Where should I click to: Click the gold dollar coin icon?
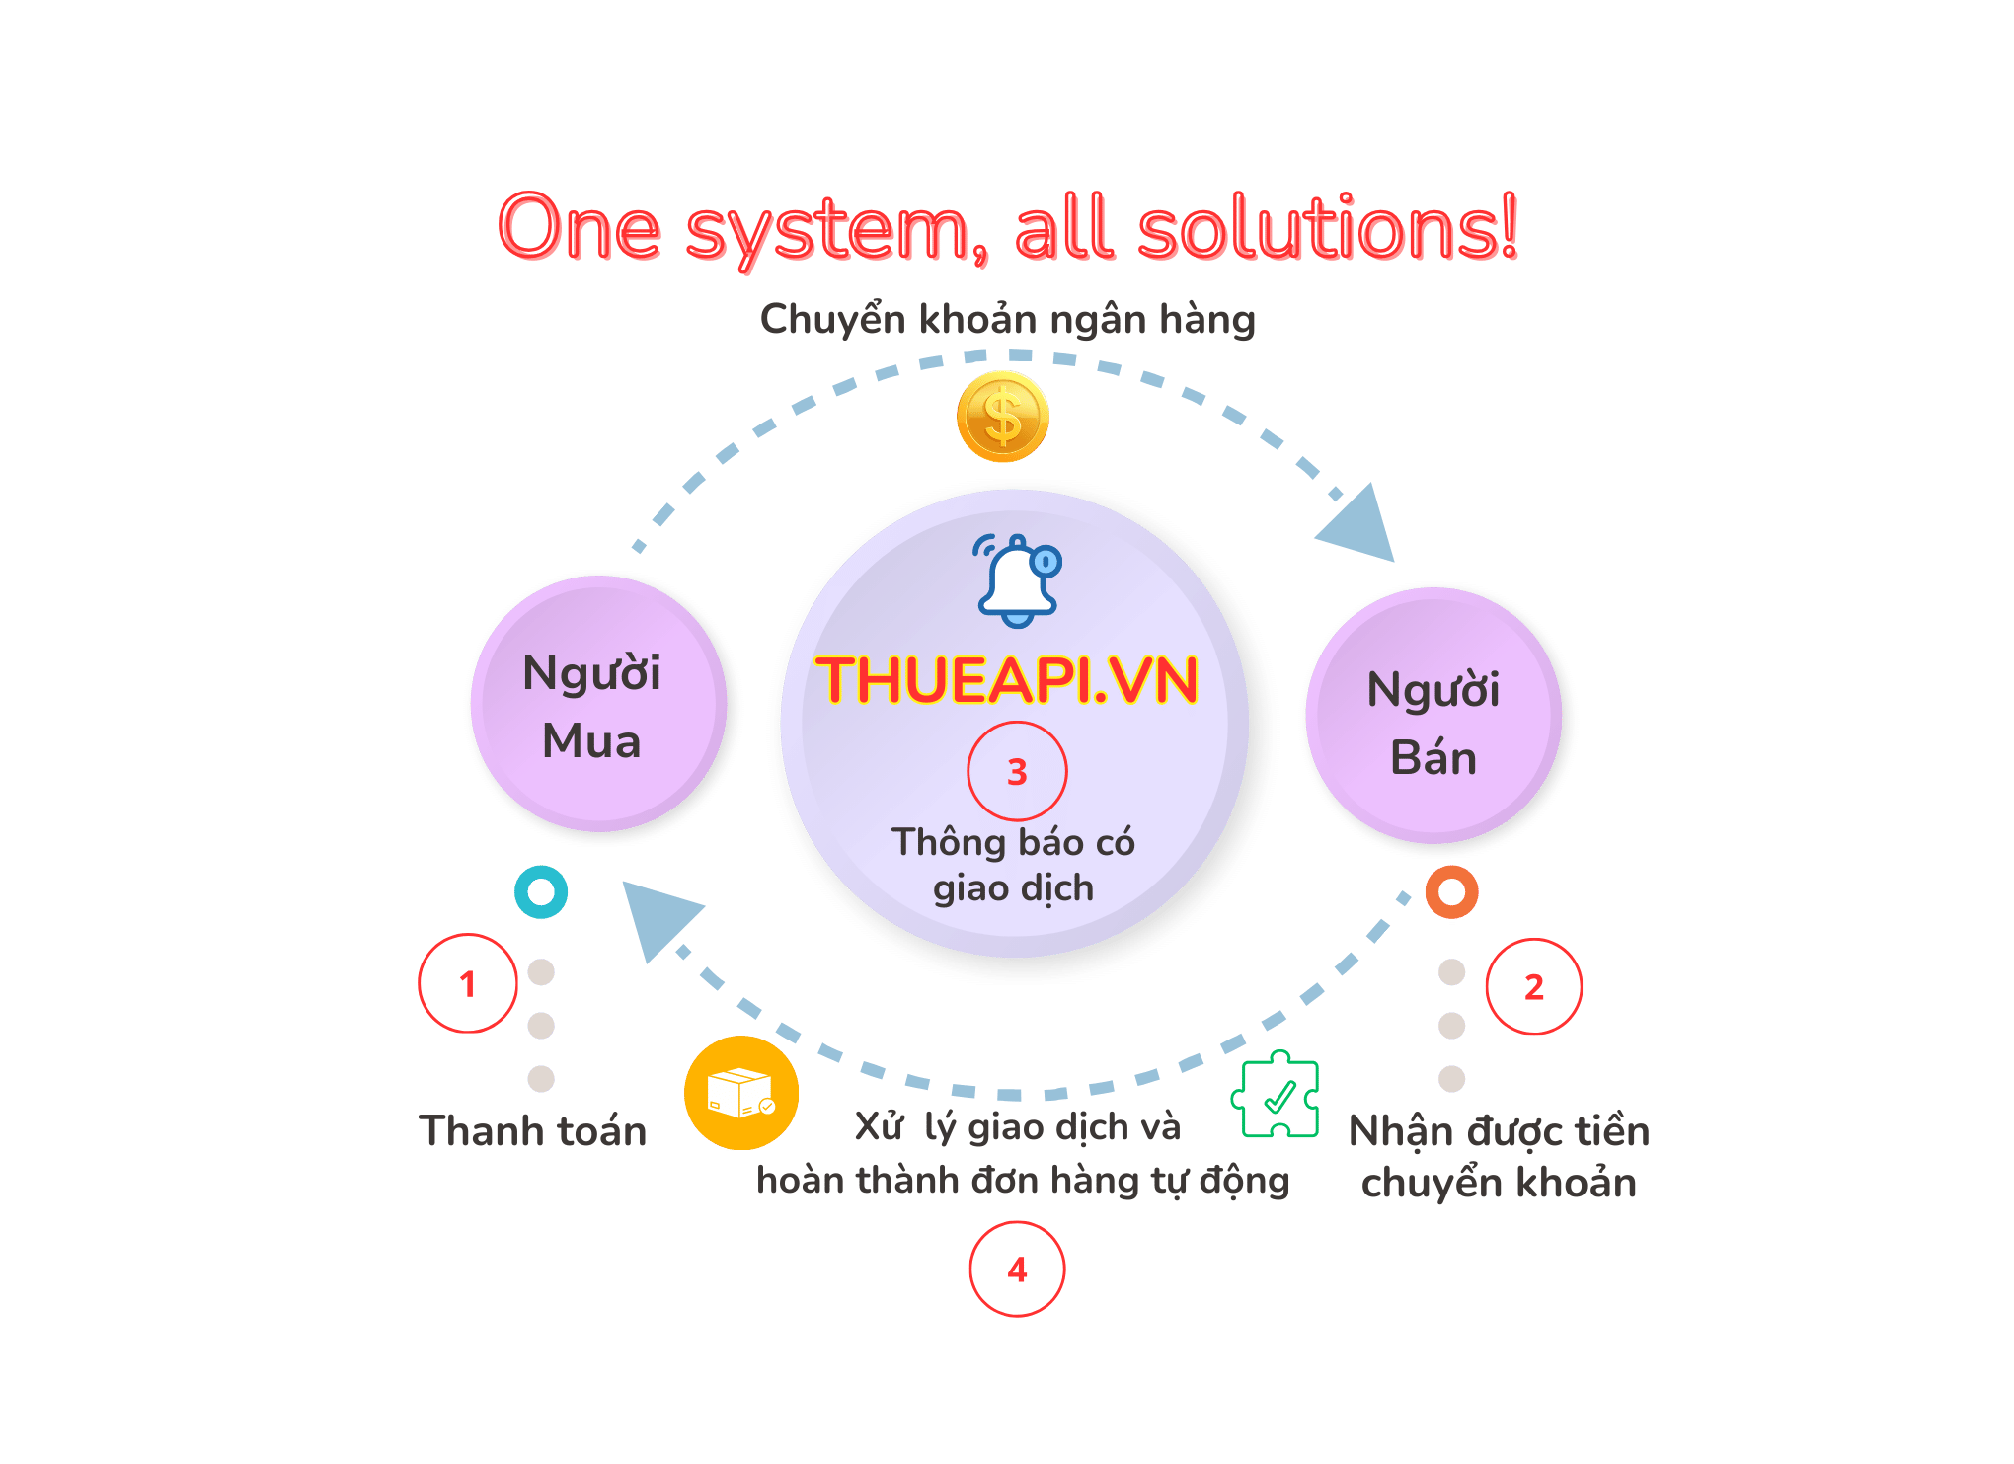click(x=1002, y=417)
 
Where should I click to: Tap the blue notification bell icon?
click(x=1018, y=581)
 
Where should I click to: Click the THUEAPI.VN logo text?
click(x=1007, y=680)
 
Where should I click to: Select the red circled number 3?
click(x=1017, y=772)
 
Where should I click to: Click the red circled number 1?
click(x=468, y=983)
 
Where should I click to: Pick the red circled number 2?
click(x=1533, y=986)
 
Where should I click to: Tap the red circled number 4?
click(x=1017, y=1270)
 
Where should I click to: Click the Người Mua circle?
click(x=597, y=705)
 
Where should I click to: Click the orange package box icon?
click(x=741, y=1093)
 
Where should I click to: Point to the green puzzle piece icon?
click(x=1276, y=1096)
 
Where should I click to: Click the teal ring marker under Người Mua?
click(x=541, y=892)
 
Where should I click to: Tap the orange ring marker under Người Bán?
click(x=1451, y=892)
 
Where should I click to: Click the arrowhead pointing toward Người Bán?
click(x=1360, y=523)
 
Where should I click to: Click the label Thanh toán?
click(x=533, y=1131)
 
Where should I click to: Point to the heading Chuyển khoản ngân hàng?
click(x=1007, y=320)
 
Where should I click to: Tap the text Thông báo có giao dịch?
click(x=1014, y=865)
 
